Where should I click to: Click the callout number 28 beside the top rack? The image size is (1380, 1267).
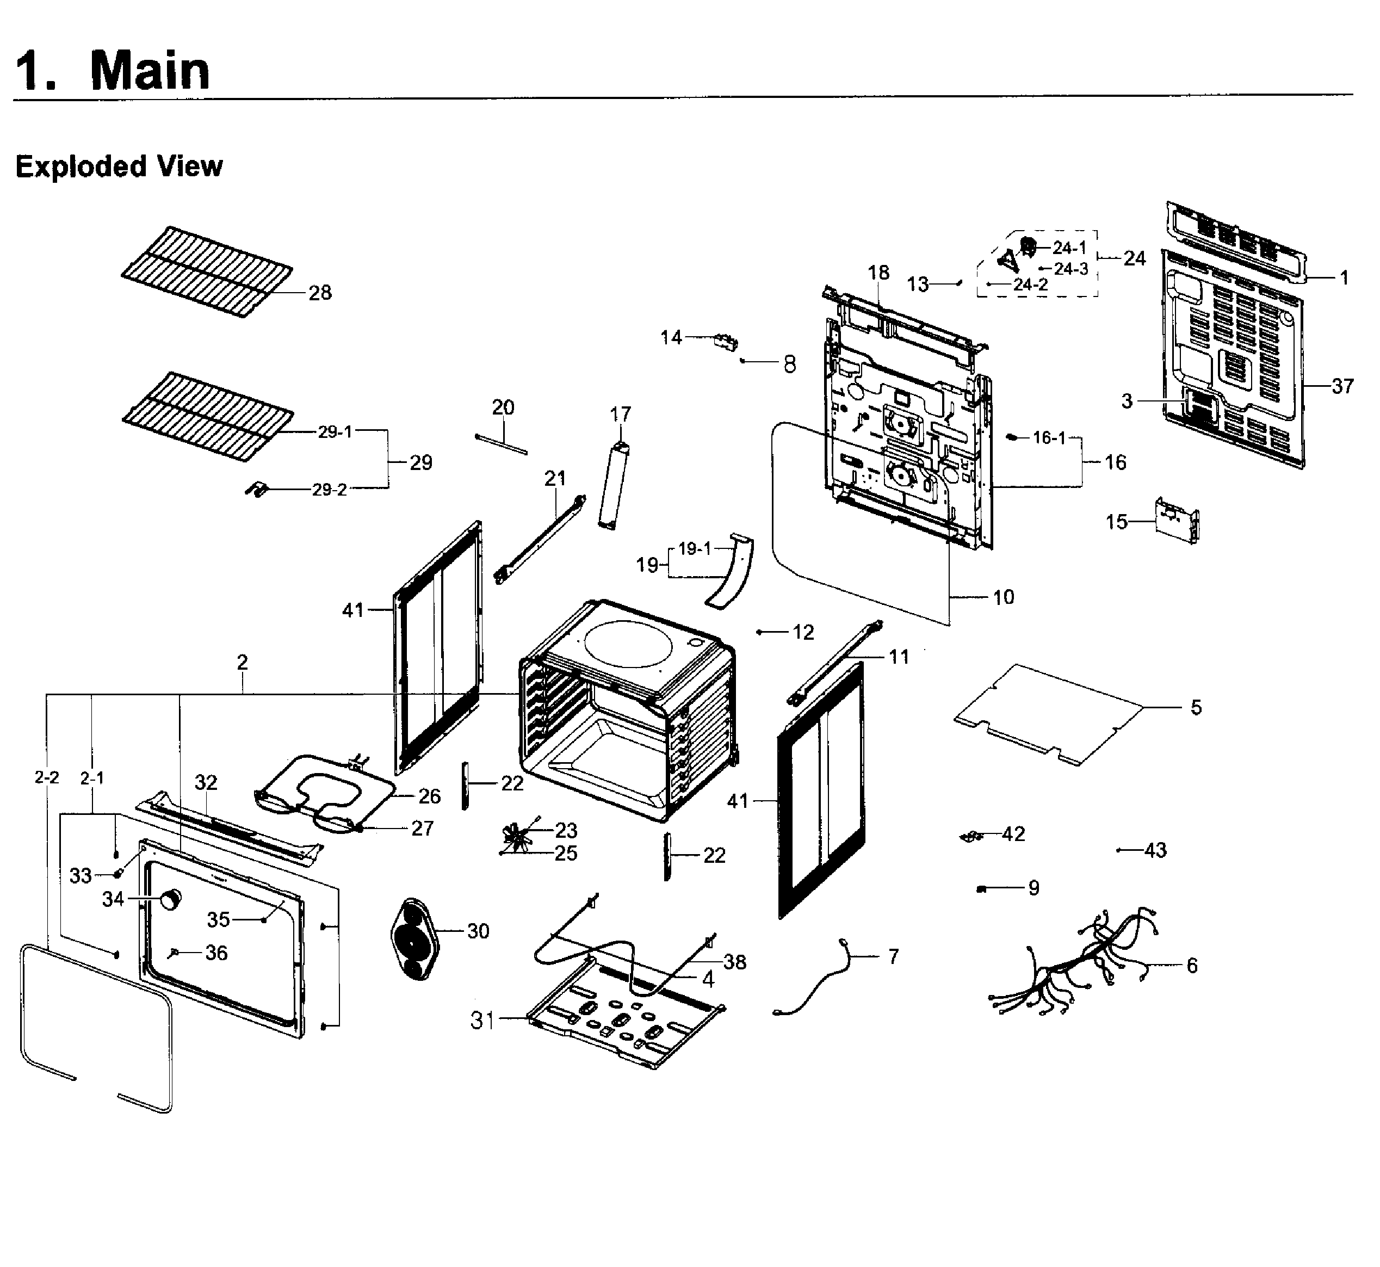[x=319, y=293]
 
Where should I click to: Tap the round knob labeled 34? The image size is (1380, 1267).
[x=171, y=899]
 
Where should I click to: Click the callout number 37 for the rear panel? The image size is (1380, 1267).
[x=1342, y=387]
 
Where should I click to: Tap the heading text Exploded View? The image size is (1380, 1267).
[x=119, y=166]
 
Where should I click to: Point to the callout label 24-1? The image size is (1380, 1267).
[x=1069, y=248]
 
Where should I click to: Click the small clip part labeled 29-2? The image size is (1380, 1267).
[x=256, y=490]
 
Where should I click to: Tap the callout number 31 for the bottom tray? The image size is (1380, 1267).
[x=482, y=1020]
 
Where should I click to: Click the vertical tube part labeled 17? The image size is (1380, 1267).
[x=614, y=485]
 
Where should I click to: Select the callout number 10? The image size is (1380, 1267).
[x=1003, y=597]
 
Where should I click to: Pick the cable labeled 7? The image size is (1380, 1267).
[x=816, y=980]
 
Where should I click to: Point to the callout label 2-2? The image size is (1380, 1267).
[x=47, y=777]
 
